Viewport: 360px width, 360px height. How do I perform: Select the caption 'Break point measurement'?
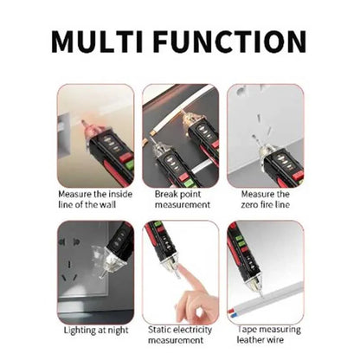180,200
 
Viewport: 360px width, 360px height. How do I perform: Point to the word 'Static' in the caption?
159,329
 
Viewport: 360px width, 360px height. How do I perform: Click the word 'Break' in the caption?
164,194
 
